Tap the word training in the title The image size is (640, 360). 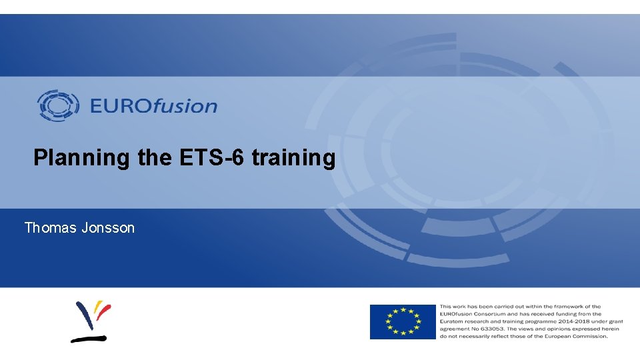point(293,159)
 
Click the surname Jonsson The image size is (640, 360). point(108,228)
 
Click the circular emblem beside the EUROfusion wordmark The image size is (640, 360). point(58,105)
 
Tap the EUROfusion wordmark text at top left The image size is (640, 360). point(153,106)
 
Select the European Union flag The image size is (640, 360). point(403,321)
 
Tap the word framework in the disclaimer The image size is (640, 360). point(565,307)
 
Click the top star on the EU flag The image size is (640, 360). point(403,309)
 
